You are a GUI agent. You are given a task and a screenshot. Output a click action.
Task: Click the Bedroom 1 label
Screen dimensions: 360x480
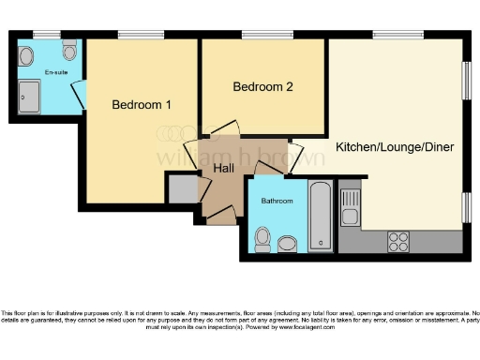pyautogui.click(x=141, y=104)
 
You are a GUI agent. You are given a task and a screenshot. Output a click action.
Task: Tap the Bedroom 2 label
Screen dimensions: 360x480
pyautogui.click(x=263, y=87)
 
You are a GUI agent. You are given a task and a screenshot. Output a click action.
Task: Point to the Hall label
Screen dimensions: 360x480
pyautogui.click(x=224, y=168)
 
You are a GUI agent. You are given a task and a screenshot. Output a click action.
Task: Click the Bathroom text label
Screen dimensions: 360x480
pyautogui.click(x=277, y=201)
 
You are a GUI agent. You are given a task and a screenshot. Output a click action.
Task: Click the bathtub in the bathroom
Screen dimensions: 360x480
pyautogui.click(x=320, y=217)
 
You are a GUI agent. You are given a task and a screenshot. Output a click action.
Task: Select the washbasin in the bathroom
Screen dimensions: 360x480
pyautogui.click(x=287, y=244)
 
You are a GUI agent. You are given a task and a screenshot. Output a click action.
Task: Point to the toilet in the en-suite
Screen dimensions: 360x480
pyautogui.click(x=69, y=49)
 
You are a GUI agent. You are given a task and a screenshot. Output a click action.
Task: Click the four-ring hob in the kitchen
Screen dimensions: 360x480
pyautogui.click(x=398, y=240)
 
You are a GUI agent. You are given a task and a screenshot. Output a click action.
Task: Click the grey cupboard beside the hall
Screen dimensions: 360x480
pyautogui.click(x=182, y=187)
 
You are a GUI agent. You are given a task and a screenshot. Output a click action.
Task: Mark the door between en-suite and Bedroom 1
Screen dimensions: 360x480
pyautogui.click(x=80, y=93)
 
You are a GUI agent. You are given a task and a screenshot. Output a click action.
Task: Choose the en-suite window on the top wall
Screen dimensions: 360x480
pyautogui.click(x=46, y=35)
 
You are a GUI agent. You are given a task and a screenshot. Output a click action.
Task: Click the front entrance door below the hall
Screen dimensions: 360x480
pyautogui.click(x=221, y=217)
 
